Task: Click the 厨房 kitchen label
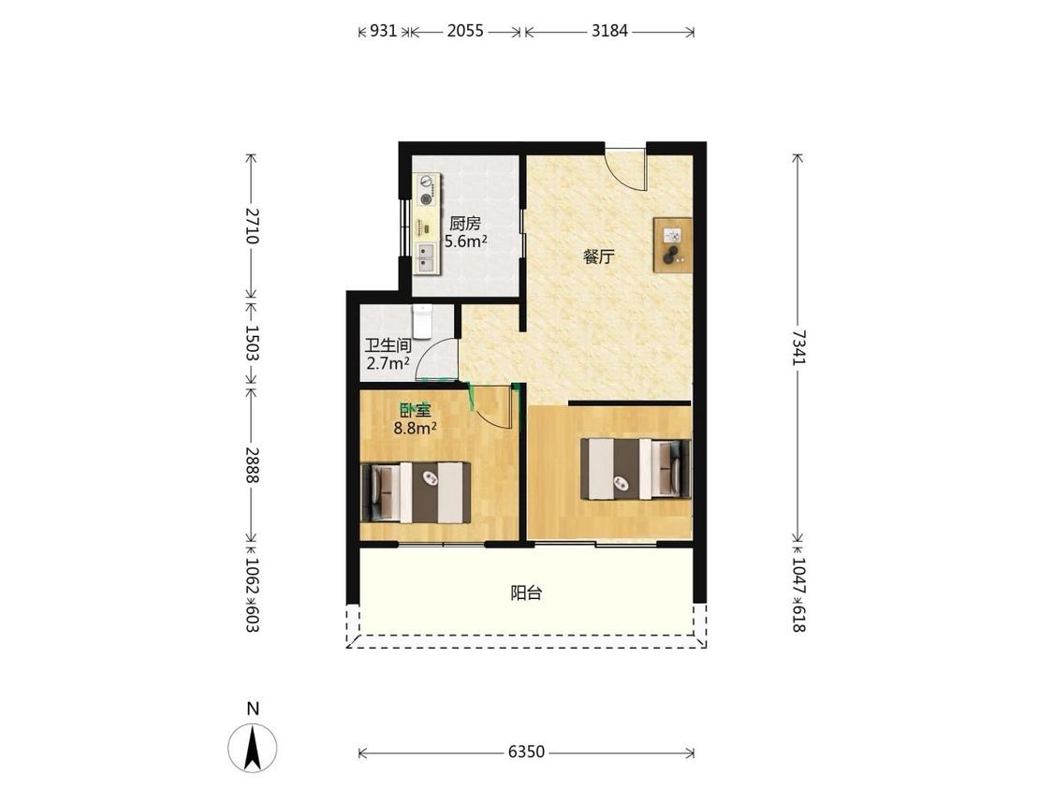pyautogui.click(x=464, y=224)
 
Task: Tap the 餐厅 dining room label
pyautogui.click(x=598, y=256)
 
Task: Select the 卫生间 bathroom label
pyautogui.click(x=388, y=346)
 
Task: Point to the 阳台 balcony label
pyautogui.click(x=526, y=593)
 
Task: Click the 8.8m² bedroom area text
pyautogui.click(x=415, y=428)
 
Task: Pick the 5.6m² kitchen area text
pyautogui.click(x=465, y=241)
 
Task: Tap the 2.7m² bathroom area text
pyautogui.click(x=388, y=363)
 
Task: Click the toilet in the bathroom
pyautogui.click(x=423, y=321)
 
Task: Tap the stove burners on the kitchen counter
pyautogui.click(x=426, y=190)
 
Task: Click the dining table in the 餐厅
pyautogui.click(x=673, y=245)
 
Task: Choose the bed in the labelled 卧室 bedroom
pyautogui.click(x=415, y=492)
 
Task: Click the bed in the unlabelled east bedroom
pyautogui.click(x=636, y=469)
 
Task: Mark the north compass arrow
pyautogui.click(x=253, y=747)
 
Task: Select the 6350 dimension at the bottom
pyautogui.click(x=526, y=753)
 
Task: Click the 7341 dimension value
pyautogui.click(x=797, y=346)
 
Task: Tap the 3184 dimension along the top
pyautogui.click(x=609, y=31)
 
